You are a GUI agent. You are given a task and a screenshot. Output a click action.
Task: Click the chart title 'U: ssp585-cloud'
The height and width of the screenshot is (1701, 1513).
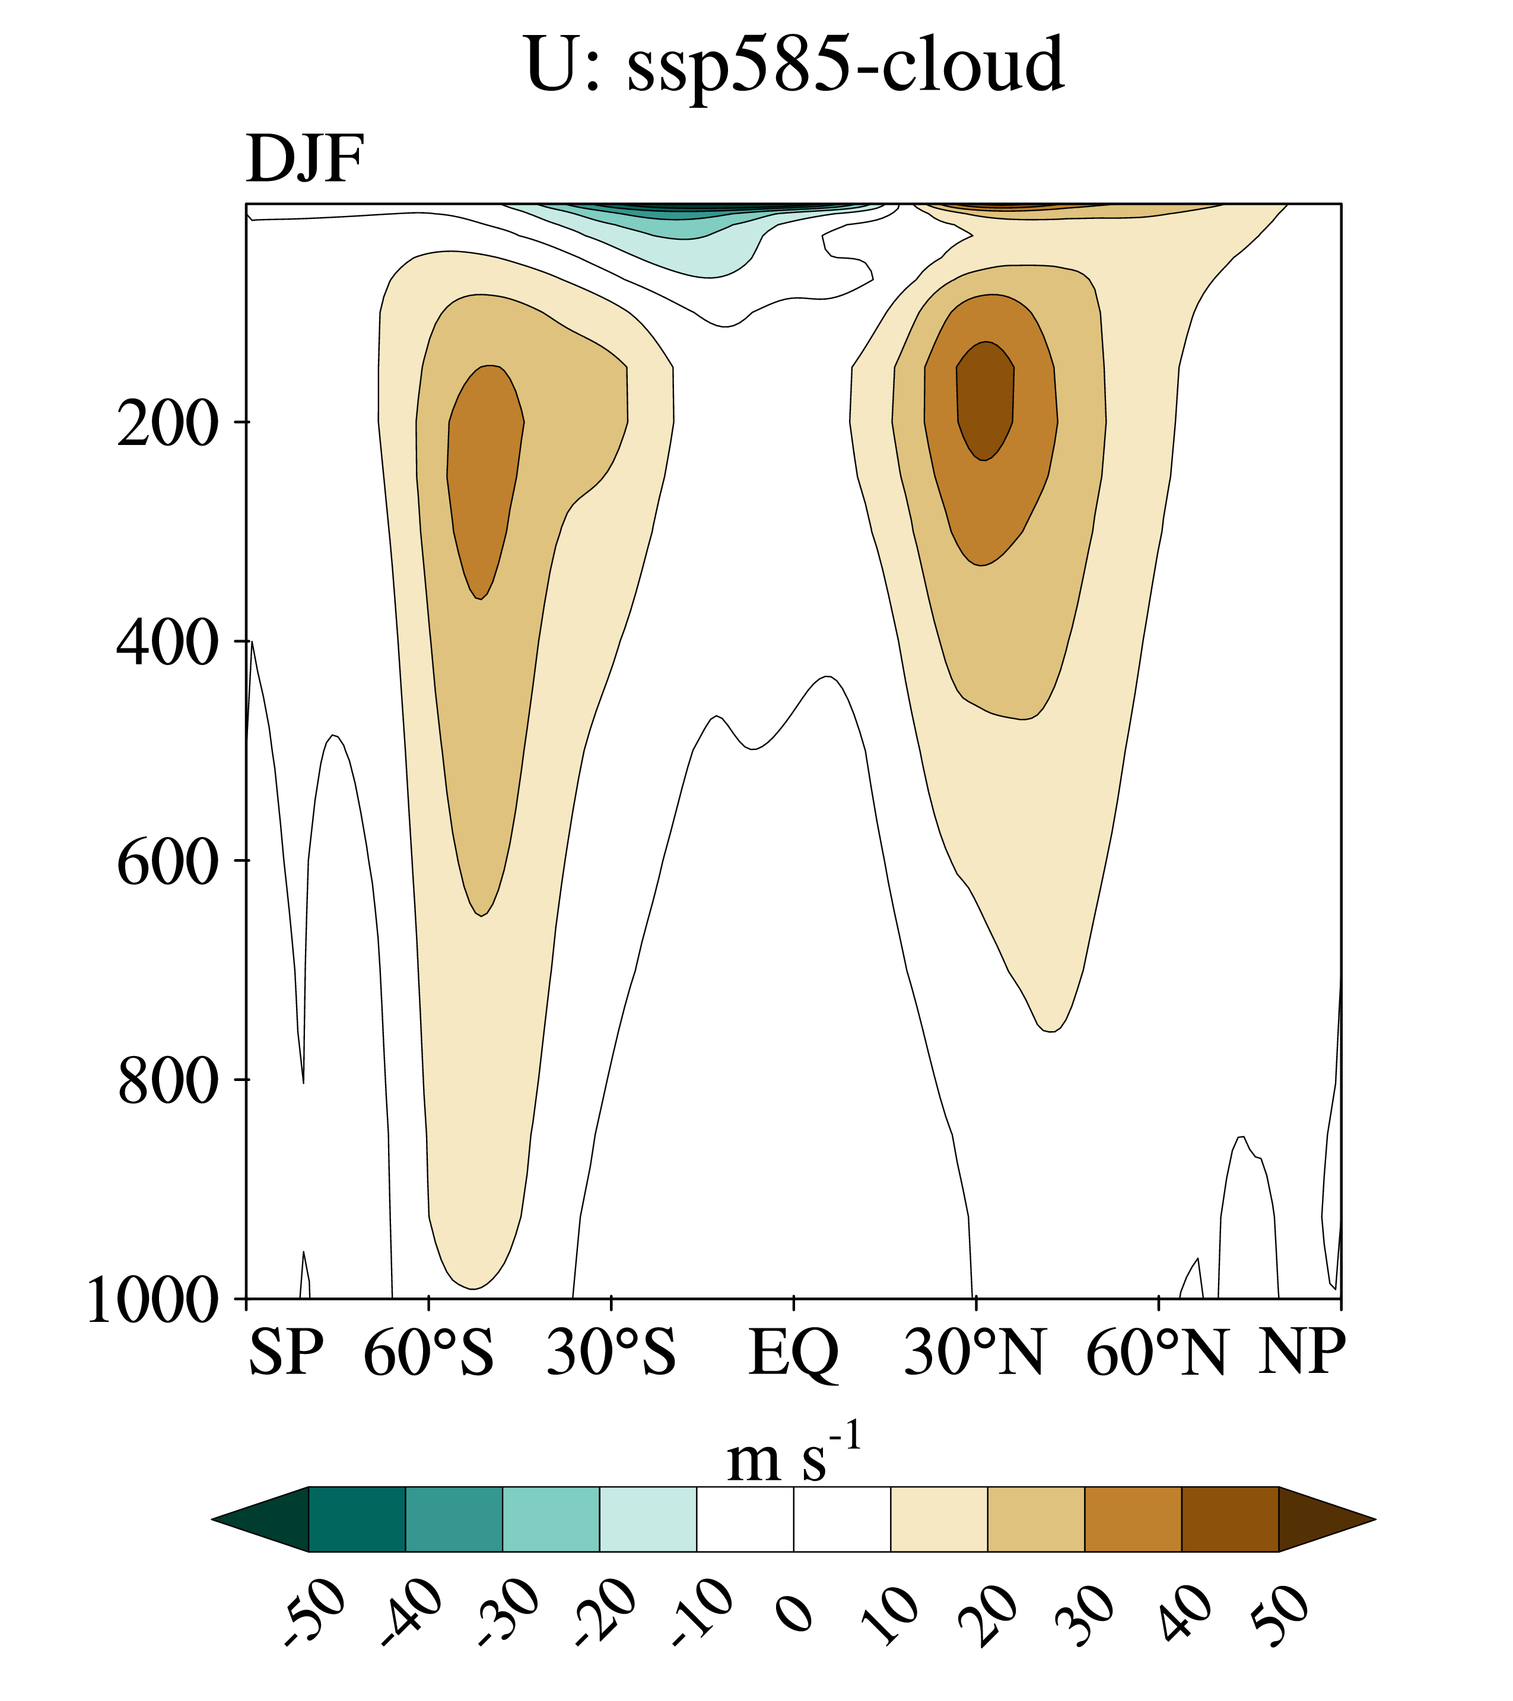795,65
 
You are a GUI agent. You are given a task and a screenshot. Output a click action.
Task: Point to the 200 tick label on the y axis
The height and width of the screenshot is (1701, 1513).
167,424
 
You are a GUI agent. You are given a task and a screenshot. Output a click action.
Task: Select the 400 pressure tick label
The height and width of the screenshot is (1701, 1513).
167,643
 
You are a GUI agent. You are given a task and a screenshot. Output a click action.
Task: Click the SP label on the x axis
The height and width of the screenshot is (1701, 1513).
285,1352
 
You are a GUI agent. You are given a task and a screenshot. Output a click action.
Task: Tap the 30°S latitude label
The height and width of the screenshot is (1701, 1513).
611,1352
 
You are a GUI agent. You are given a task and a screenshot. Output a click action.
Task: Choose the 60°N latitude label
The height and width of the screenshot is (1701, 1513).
1157,1352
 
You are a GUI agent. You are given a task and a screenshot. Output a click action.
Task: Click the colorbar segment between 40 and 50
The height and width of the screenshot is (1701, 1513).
1229,1519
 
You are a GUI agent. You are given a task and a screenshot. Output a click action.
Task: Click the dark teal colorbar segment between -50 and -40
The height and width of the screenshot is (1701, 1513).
357,1519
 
